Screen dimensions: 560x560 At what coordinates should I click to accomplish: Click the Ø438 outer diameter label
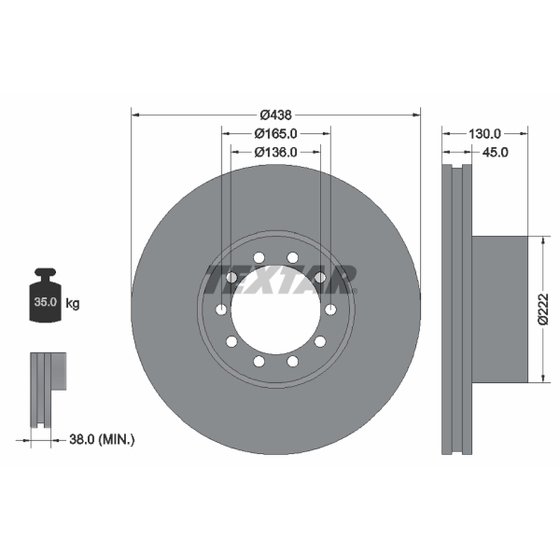click(276, 115)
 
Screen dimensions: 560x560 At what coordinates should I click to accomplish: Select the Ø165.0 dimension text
click(276, 134)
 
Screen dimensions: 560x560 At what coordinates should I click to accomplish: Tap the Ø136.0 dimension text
click(276, 152)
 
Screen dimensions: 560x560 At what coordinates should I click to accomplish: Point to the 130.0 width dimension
click(484, 134)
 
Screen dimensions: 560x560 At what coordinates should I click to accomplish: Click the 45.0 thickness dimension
click(495, 153)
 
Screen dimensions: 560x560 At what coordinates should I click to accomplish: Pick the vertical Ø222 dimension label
click(543, 309)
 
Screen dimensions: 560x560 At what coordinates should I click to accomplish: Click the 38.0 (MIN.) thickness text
click(101, 440)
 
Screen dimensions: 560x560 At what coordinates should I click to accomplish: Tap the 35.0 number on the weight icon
click(45, 302)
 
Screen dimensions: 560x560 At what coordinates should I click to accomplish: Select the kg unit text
click(73, 304)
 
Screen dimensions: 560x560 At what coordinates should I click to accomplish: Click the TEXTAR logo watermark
click(281, 279)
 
